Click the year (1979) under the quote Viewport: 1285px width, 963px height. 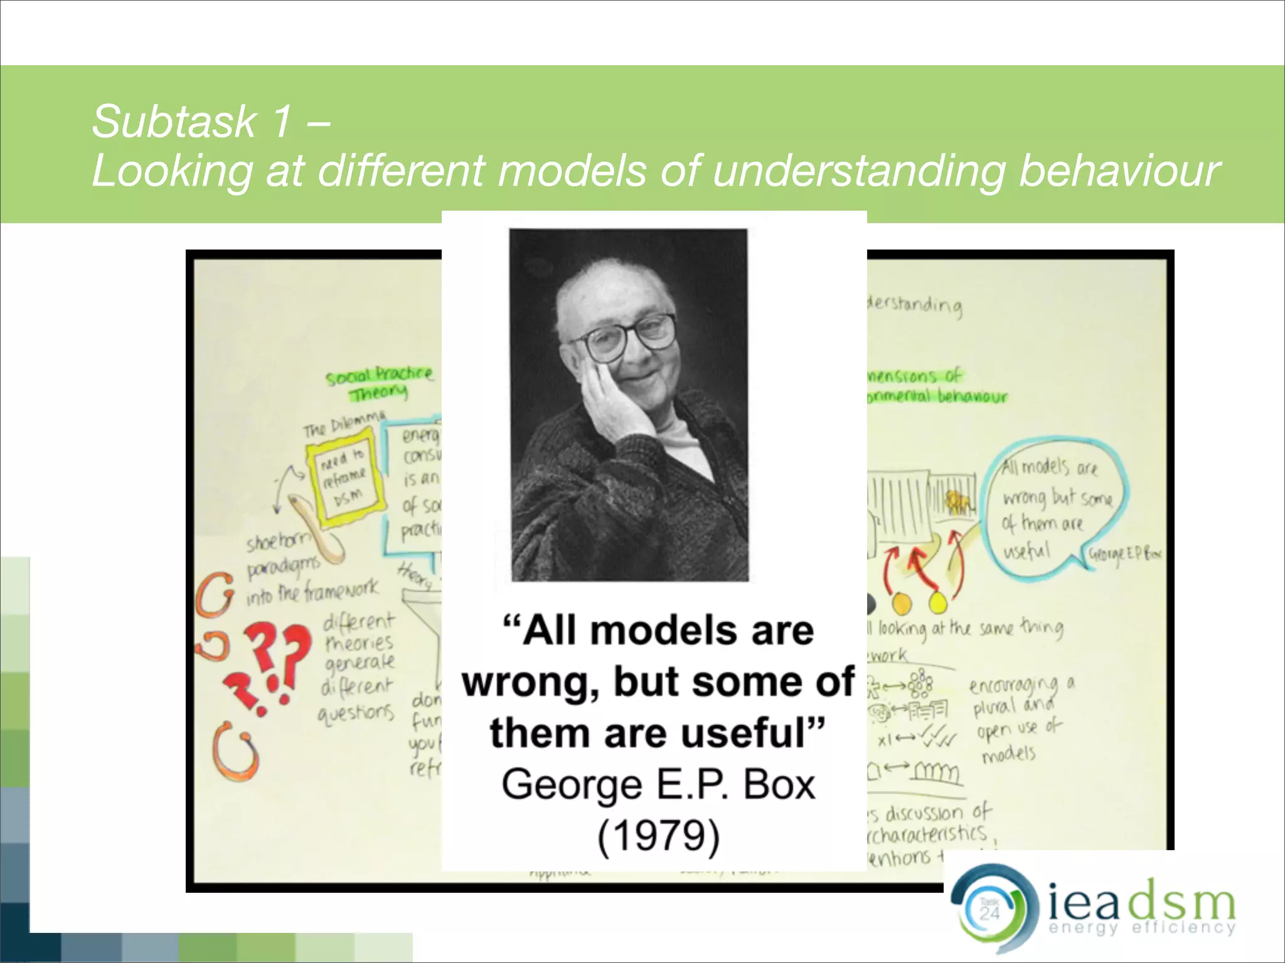[658, 836]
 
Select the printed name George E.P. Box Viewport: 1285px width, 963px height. [658, 785]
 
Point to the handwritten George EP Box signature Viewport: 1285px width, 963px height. [1124, 554]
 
